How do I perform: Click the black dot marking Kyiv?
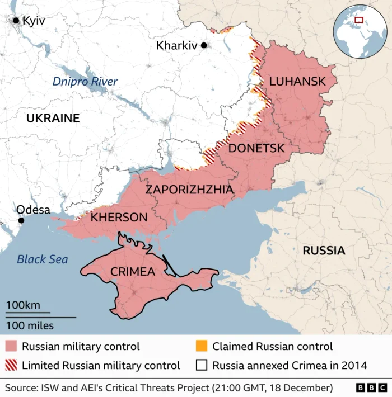point(16,21)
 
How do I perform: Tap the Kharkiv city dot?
point(204,45)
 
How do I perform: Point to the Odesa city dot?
point(21,220)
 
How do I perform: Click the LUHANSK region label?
point(297,82)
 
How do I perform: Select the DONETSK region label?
point(256,148)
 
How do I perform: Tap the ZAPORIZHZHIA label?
point(189,190)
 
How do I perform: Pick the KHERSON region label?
point(119,217)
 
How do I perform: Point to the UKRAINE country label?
point(53,119)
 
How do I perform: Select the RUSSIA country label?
point(324,251)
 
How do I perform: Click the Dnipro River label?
point(85,82)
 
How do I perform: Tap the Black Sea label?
point(42,259)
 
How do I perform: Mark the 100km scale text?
point(23,305)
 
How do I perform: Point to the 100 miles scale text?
point(30,325)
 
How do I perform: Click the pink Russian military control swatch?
point(12,347)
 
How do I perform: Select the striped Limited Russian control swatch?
point(12,366)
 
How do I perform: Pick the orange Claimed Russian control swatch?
point(202,347)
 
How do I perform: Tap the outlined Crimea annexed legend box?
point(202,366)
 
